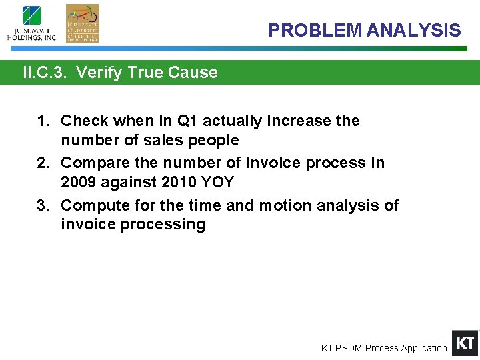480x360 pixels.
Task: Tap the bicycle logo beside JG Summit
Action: tap(82, 23)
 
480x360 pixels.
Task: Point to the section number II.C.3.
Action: tap(45, 73)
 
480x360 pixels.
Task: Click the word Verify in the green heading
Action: tap(96, 73)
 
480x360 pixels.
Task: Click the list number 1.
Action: tap(43, 121)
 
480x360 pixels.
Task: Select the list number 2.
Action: tap(43, 163)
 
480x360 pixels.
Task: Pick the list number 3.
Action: tap(43, 205)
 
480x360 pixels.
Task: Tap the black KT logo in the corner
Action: tap(465, 343)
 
